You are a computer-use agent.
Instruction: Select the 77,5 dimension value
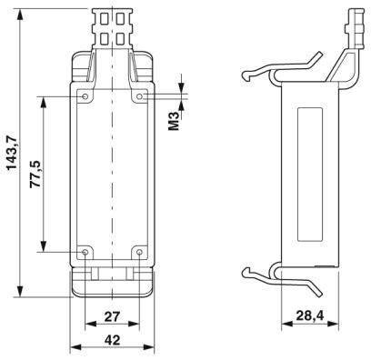tap(35, 174)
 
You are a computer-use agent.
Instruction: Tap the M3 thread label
tap(175, 118)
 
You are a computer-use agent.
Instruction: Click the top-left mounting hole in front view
tap(85, 95)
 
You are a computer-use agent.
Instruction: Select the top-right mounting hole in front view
tap(139, 95)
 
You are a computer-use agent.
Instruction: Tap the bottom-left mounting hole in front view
tap(85, 252)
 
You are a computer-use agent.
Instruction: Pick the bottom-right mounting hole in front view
tap(139, 252)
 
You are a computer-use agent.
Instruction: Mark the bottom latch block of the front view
tap(113, 281)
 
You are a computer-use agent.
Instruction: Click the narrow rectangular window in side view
tap(307, 173)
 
